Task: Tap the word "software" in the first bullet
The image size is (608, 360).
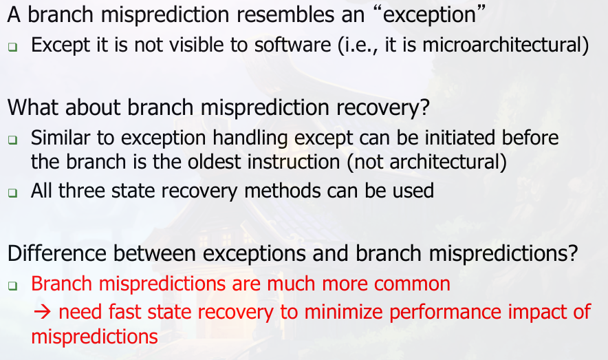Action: tap(293, 45)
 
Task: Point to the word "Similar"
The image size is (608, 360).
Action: tap(61, 138)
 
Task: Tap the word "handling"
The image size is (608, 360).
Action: tap(250, 138)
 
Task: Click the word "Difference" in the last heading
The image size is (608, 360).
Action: tap(56, 253)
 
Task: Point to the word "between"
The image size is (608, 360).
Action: tap(154, 253)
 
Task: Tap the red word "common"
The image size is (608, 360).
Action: tap(412, 284)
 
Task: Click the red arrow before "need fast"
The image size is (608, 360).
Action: tap(42, 312)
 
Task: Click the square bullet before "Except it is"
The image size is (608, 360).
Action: tap(13, 47)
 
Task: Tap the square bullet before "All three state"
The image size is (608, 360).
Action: tap(13, 193)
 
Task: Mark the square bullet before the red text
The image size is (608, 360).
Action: tap(13, 286)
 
